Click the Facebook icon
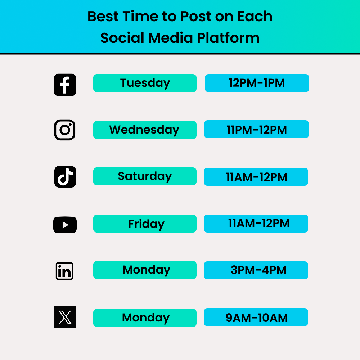65,85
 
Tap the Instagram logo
65,130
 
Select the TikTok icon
65,177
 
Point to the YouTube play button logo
65,225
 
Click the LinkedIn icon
65,271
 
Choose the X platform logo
65,317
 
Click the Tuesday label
145,83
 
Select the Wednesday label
144,130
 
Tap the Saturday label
145,176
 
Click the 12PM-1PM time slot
257,83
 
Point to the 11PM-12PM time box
257,130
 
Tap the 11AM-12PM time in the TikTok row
256,177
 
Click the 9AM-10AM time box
256,318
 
